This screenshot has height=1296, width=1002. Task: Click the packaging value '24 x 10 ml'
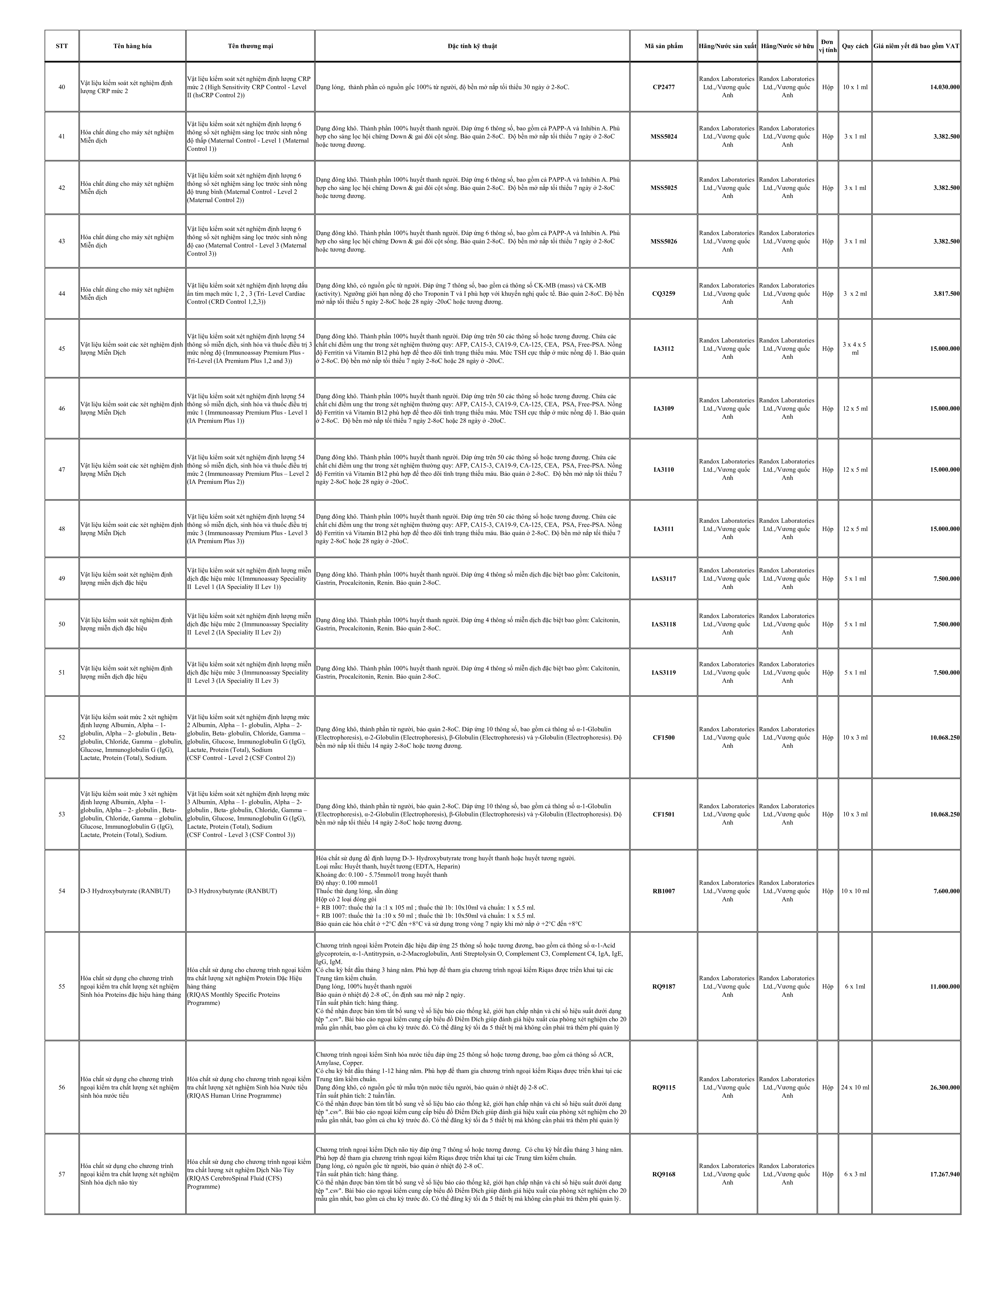point(855,1088)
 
